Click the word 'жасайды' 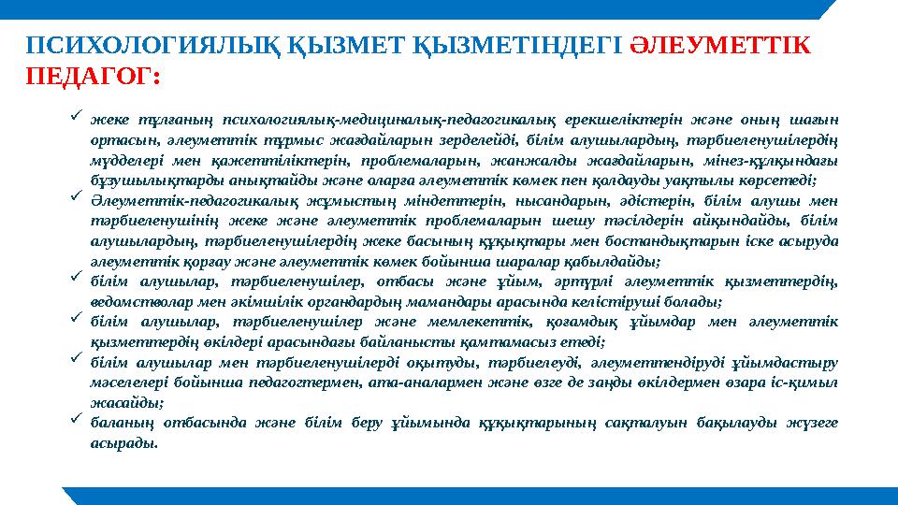125,402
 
